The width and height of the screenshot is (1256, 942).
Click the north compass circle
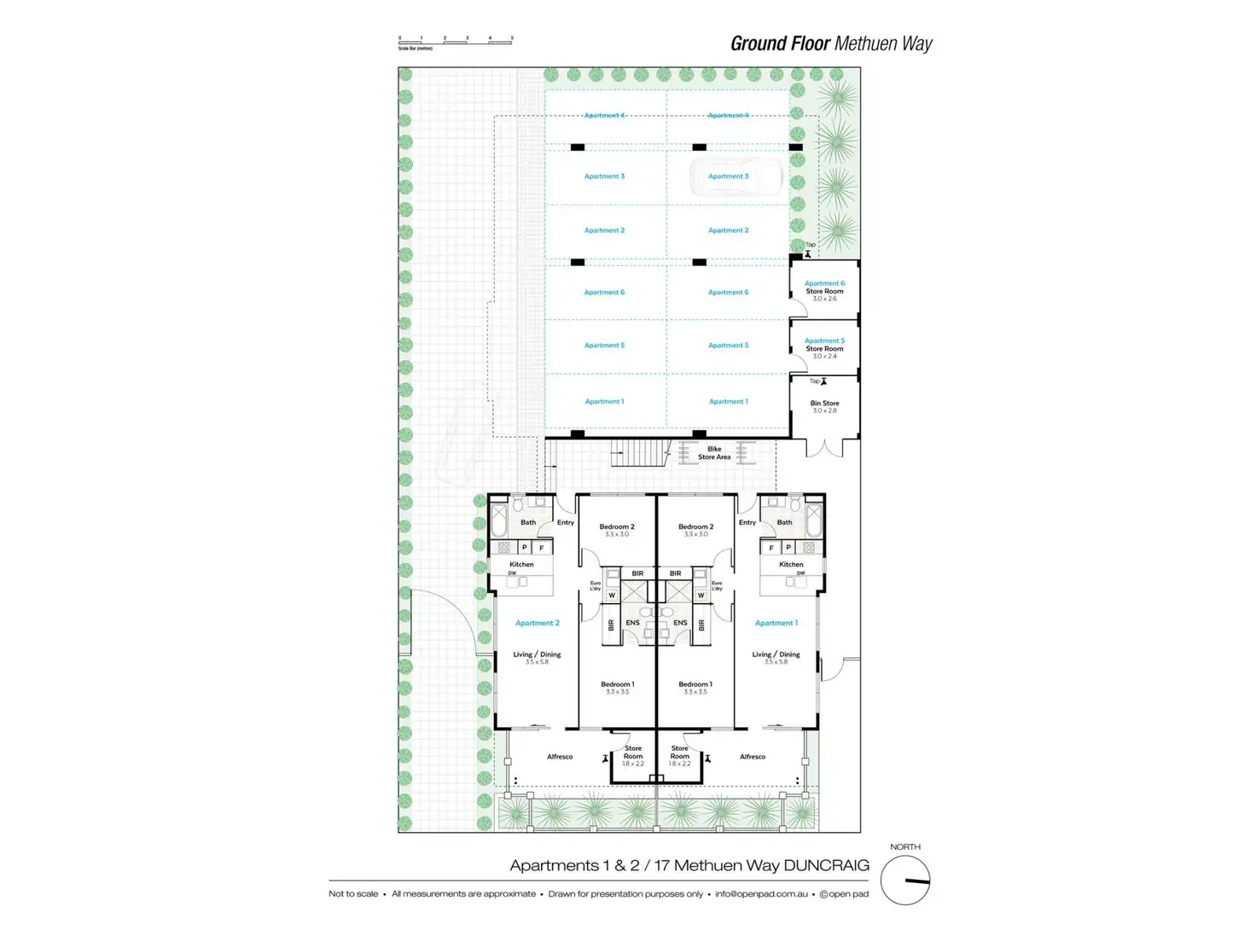tap(904, 881)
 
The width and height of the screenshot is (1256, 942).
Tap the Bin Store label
tap(824, 404)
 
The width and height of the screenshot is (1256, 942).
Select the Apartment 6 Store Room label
tap(824, 288)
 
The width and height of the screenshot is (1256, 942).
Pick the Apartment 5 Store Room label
tap(824, 345)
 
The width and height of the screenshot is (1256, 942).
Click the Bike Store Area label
tap(714, 453)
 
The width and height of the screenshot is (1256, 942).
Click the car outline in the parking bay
tap(736, 177)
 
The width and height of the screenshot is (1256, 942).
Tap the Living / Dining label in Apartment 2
tap(537, 654)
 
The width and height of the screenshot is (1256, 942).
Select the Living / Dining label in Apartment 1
tap(776, 654)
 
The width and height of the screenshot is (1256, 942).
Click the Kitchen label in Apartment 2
tap(521, 564)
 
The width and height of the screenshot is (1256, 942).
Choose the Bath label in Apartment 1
tap(784, 522)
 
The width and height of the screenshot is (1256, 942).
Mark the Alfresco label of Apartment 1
tap(752, 757)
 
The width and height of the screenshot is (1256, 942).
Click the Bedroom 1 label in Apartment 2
tap(617, 684)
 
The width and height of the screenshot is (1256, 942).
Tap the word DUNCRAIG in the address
tap(826, 865)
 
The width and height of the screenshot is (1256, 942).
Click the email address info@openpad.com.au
tap(761, 894)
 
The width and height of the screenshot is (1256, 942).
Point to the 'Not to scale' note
tap(353, 894)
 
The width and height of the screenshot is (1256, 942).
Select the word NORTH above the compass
tap(904, 847)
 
